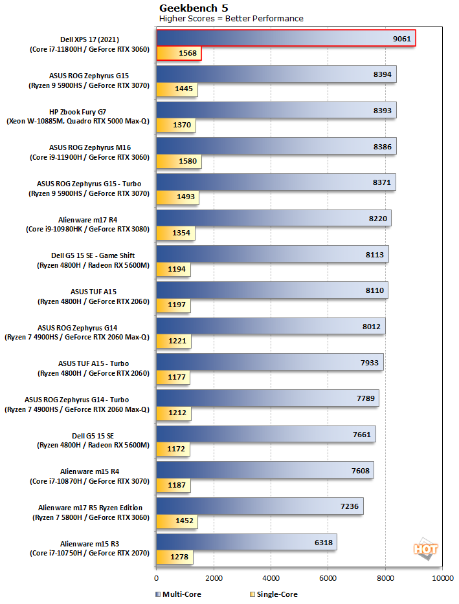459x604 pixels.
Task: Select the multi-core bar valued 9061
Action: tap(285, 38)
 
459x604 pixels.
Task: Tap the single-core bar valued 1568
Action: tap(179, 53)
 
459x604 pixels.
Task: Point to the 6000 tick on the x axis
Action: tap(328, 577)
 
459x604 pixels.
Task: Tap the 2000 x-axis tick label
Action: tap(213, 577)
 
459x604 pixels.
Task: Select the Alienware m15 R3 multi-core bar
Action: tap(246, 542)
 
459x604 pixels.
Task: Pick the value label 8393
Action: tap(382, 111)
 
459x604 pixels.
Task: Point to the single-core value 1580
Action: tap(184, 161)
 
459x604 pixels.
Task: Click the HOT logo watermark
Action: tap(425, 549)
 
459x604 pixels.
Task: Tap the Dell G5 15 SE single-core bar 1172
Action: tap(175, 449)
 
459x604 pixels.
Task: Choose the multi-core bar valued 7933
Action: tap(269, 362)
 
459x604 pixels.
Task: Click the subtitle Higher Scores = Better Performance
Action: tap(231, 18)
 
